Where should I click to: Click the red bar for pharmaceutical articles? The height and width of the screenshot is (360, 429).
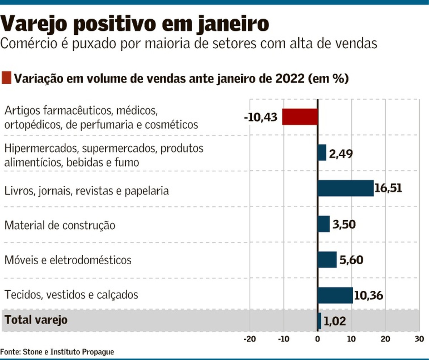300,117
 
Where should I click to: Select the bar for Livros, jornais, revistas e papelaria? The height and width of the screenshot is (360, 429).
345,188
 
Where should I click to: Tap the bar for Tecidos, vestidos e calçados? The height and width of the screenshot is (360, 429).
335,295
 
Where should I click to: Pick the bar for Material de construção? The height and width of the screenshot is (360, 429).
324,224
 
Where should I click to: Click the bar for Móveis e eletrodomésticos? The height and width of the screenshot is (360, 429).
327,260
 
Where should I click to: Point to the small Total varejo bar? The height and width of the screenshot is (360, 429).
319,321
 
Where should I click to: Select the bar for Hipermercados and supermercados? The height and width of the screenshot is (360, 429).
322,152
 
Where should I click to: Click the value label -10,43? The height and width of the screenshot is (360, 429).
261,117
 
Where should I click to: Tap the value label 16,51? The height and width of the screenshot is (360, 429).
388,188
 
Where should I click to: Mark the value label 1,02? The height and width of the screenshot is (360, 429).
335,321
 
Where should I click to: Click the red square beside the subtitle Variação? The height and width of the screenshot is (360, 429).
6,78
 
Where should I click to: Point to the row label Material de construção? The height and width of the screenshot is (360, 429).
60,225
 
